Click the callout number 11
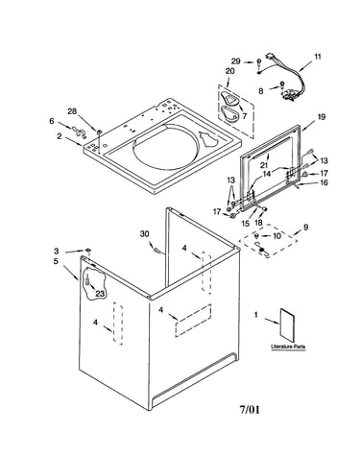coord(317,57)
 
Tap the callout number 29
coord(236,61)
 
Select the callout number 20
coord(229,71)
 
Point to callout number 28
coord(72,111)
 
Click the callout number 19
coord(322,117)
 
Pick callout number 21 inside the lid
coord(264,165)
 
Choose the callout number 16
coord(324,182)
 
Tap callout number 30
coord(145,234)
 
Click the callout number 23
coord(100,294)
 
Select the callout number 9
coord(306,228)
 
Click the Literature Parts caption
coord(288,347)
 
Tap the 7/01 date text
coord(250,409)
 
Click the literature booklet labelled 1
coord(287,324)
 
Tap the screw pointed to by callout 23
coord(87,280)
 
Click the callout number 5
coord(56,261)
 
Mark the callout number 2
coord(60,136)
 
